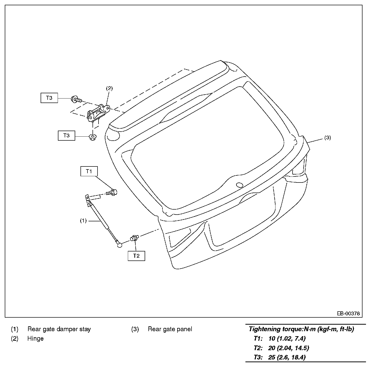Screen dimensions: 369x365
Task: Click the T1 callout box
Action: coord(89,171)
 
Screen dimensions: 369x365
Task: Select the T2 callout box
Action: coord(136,256)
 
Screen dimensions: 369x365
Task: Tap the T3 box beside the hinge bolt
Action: coord(49,98)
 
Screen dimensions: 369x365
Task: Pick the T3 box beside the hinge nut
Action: coord(66,136)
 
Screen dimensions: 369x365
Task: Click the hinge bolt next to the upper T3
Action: coord(76,99)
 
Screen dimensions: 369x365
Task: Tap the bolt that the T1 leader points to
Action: coord(112,193)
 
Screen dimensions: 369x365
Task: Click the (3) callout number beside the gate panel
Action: coord(328,138)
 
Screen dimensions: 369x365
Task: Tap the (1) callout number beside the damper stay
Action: coord(83,221)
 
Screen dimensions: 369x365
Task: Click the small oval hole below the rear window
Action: coord(240,185)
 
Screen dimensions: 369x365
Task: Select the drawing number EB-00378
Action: coord(348,313)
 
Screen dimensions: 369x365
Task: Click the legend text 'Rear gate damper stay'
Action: coord(59,329)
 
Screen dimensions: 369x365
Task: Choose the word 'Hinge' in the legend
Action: coord(35,338)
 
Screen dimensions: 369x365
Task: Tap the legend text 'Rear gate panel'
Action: coord(170,329)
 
